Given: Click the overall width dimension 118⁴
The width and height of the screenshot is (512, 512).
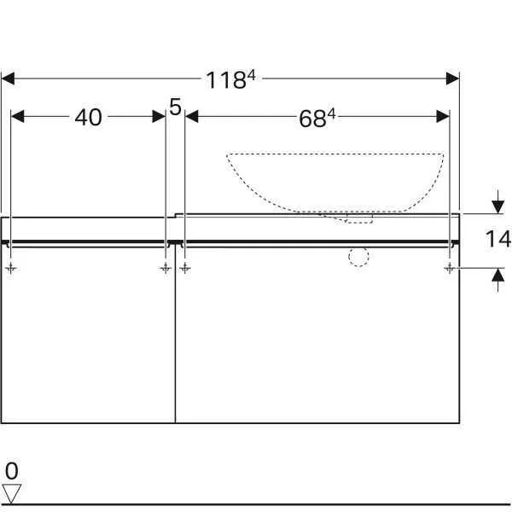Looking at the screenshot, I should [231, 80].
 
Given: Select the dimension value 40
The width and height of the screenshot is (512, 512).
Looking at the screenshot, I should [88, 117].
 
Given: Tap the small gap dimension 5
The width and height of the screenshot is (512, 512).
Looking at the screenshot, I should [175, 107].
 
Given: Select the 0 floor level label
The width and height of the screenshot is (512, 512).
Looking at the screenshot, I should [11, 470].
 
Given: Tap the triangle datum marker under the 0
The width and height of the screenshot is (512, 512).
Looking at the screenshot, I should [11, 492].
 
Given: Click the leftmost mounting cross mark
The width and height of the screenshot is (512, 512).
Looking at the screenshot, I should [10, 268].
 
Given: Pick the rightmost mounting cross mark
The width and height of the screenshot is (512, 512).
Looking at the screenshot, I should [449, 268].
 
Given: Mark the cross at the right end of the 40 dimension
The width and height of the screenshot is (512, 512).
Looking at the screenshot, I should [165, 268].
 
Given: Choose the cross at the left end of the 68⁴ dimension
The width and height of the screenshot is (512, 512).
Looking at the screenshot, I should [185, 268].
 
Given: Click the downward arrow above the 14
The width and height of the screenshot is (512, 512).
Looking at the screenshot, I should [497, 206].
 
